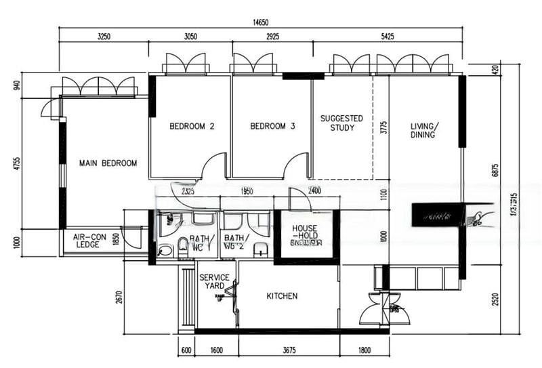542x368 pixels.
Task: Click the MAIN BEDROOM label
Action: click(x=108, y=163)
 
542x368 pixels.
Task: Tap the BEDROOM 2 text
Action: click(x=192, y=126)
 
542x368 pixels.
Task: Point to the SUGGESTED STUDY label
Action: click(x=341, y=123)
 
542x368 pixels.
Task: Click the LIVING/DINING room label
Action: click(x=424, y=130)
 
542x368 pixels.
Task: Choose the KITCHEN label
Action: click(x=282, y=296)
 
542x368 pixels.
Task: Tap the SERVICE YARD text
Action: click(x=213, y=281)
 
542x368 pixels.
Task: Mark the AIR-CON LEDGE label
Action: click(x=86, y=241)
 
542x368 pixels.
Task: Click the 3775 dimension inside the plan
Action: click(x=383, y=129)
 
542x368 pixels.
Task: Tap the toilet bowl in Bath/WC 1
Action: click(x=182, y=245)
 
